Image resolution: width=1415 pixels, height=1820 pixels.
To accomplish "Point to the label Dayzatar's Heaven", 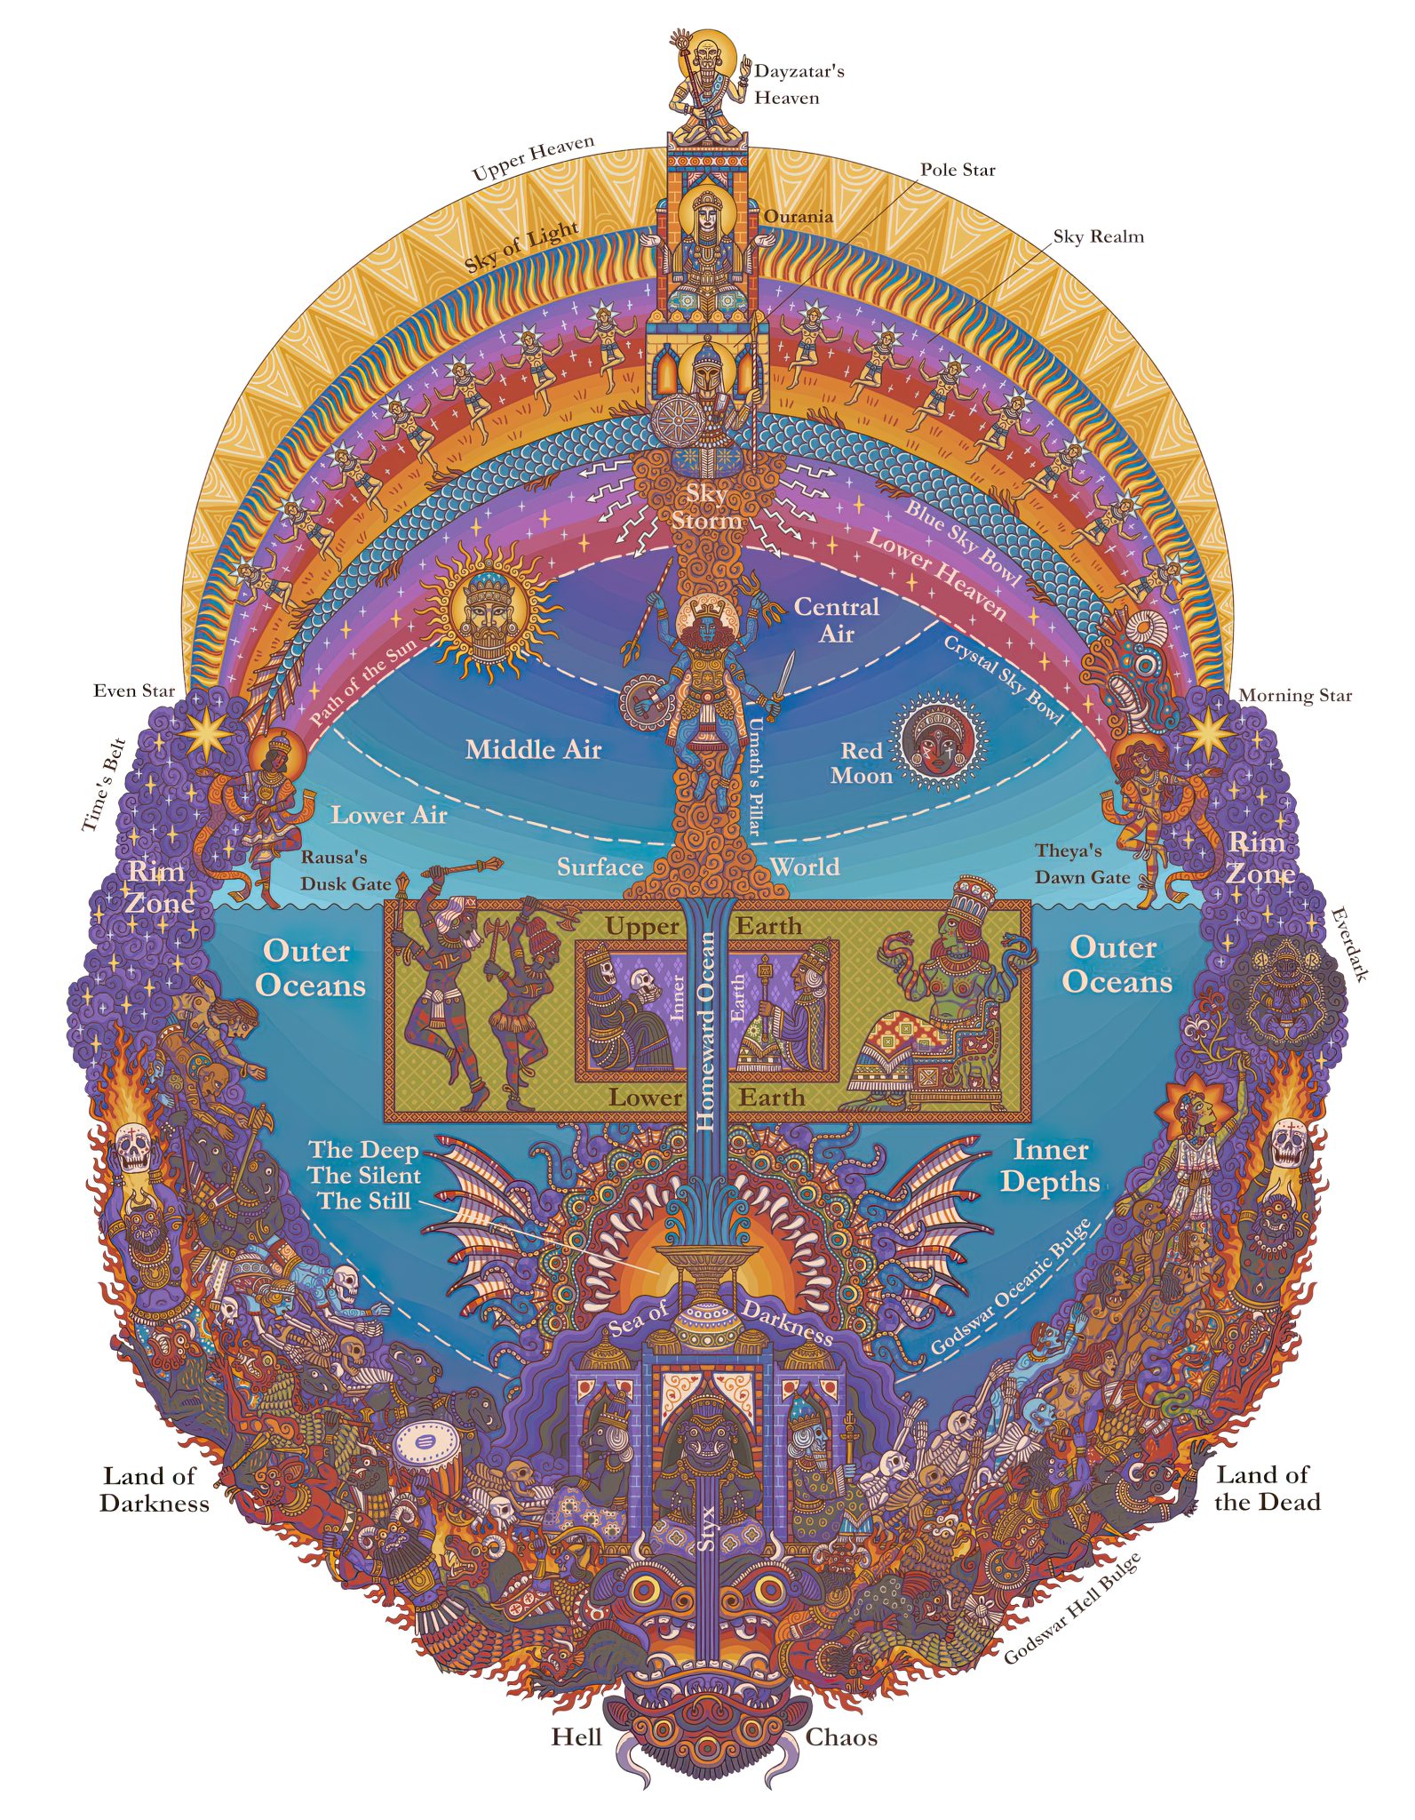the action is pos(799,84).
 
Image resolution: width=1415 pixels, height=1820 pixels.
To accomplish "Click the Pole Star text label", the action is pos(958,170).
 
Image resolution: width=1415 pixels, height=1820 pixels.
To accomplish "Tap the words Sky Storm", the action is pos(706,507).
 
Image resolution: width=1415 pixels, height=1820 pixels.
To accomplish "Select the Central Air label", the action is pos(836,620).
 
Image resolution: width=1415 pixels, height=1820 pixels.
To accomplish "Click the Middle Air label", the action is pos(534,750).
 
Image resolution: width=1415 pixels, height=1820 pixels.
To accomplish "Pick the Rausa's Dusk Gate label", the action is pos(346,871).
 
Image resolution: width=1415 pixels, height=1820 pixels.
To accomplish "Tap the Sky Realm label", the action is pos(1099,236).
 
